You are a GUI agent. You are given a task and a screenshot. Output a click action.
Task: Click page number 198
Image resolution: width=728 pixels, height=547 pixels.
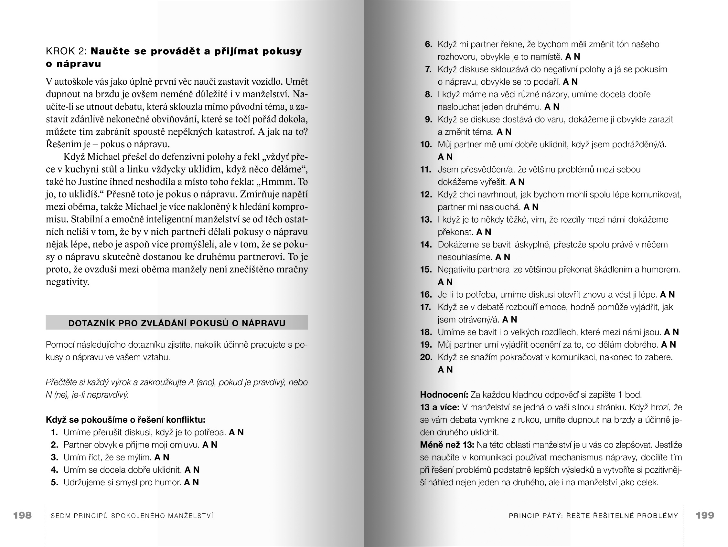point(22,515)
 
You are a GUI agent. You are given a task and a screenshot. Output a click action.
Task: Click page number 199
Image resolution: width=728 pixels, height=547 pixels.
point(705,515)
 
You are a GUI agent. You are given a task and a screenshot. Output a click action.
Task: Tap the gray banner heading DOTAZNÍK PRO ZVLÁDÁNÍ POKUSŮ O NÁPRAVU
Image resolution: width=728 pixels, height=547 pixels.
point(177,323)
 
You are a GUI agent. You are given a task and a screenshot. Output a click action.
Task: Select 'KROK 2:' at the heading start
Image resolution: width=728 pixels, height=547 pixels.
point(66,51)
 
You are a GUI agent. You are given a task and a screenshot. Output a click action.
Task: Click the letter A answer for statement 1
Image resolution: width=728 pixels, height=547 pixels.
point(232,432)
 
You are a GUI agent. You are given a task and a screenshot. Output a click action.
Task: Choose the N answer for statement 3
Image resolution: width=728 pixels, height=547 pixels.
point(166,457)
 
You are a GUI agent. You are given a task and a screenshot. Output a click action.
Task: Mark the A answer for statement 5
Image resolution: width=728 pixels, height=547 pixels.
point(187,482)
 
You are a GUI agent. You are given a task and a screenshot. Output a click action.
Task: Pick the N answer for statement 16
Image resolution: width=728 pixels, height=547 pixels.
point(672,294)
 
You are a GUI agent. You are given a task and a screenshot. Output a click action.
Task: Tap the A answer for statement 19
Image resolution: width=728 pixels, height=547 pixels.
point(664,344)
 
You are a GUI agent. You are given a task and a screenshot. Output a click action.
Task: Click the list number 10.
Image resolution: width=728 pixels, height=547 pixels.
point(426,144)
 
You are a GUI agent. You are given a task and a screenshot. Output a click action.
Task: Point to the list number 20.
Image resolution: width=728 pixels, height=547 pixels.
point(426,357)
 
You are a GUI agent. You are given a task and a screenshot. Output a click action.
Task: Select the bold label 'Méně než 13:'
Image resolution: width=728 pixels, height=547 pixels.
point(447,445)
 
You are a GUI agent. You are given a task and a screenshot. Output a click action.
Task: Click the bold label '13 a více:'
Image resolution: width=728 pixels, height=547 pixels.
point(440,407)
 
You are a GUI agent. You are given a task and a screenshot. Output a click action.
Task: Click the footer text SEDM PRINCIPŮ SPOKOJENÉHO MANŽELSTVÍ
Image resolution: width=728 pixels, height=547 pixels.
point(132,516)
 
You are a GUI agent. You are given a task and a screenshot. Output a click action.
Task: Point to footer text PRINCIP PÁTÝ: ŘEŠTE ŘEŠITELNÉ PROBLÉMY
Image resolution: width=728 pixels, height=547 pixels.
point(594,516)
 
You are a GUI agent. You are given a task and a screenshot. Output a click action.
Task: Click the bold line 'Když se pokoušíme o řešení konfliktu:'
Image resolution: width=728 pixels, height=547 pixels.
point(125,420)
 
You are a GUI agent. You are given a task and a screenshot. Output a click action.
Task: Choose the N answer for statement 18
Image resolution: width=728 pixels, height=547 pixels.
point(676,332)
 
